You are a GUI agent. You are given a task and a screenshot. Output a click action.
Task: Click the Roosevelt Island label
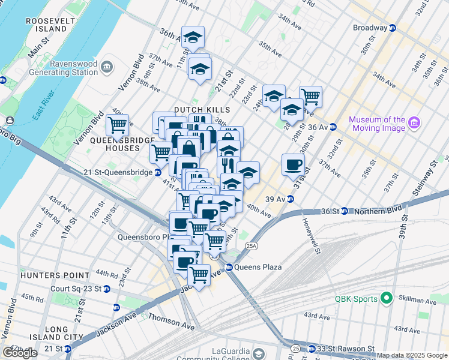[x=46, y=25]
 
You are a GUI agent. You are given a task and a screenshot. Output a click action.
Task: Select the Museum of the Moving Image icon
[x=413, y=123]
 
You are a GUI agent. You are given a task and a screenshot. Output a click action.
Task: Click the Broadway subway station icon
[x=393, y=28]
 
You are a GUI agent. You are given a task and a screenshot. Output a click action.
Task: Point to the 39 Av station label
[x=276, y=199]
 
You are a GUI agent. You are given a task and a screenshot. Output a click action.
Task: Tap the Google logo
[x=20, y=353]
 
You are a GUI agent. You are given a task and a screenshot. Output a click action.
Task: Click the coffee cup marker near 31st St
[x=293, y=165]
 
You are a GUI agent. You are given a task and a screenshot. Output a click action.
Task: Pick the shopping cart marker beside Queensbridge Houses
[x=117, y=125]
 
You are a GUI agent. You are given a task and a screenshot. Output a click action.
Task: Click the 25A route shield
[x=252, y=245]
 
